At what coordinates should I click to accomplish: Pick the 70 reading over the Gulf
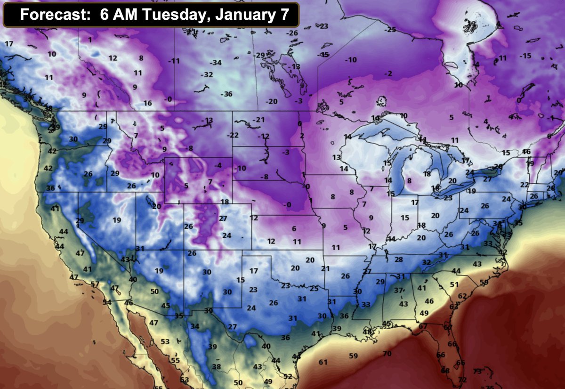[x=387, y=354]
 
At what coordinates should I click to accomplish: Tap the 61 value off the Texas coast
[x=323, y=362]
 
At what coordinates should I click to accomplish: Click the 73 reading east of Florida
[x=477, y=372]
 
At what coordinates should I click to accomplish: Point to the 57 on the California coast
[x=95, y=284]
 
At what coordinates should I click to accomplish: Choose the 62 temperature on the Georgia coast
[x=462, y=296]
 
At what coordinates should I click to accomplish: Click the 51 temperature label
[x=454, y=284]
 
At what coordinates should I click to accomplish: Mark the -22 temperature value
[x=233, y=135]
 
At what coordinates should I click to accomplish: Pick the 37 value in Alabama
[x=398, y=290]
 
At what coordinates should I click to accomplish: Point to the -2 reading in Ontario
[x=388, y=73]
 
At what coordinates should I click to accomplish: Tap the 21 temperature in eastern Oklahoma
[x=325, y=268]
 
